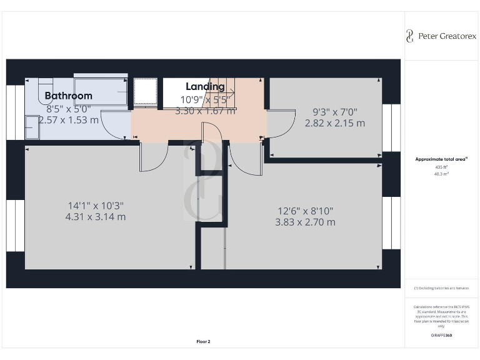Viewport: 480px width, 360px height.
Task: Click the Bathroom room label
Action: pyautogui.click(x=68, y=96)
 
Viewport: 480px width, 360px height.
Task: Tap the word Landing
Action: pyautogui.click(x=205, y=86)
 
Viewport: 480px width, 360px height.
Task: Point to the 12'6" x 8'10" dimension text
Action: pyautogui.click(x=305, y=210)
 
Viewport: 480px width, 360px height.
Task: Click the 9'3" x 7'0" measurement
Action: pyautogui.click(x=334, y=112)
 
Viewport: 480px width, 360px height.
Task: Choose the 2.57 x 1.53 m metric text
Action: pyautogui.click(x=68, y=119)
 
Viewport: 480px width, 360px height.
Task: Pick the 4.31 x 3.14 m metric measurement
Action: pyautogui.click(x=96, y=217)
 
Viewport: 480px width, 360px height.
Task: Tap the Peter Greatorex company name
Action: pyautogui.click(x=446, y=36)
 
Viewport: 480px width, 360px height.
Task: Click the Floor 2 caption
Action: pyautogui.click(x=203, y=341)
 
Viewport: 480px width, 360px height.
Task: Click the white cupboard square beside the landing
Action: pyautogui.click(x=145, y=91)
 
